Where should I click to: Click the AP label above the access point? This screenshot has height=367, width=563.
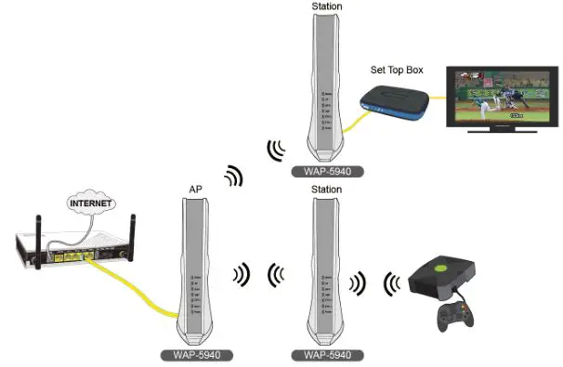[x=195, y=190]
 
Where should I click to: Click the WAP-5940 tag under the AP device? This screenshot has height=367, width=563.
[x=195, y=355]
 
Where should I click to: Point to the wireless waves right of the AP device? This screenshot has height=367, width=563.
[x=242, y=274]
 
